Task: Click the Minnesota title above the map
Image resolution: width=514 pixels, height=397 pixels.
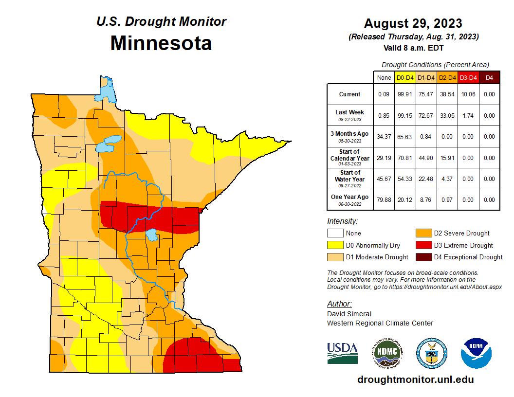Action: pyautogui.click(x=161, y=43)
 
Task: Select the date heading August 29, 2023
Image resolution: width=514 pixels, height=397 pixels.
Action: pyautogui.click(x=413, y=23)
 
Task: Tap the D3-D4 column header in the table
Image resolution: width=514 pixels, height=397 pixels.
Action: pyautogui.click(x=468, y=77)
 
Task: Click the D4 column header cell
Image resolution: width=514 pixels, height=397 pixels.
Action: pyautogui.click(x=489, y=77)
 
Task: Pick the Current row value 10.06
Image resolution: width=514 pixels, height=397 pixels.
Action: pyautogui.click(x=468, y=94)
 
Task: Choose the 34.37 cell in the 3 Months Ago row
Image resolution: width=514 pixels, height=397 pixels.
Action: pyautogui.click(x=384, y=137)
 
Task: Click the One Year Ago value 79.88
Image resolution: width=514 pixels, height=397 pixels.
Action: pyautogui.click(x=384, y=199)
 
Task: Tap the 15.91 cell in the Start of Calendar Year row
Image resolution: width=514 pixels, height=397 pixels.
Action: pyautogui.click(x=447, y=158)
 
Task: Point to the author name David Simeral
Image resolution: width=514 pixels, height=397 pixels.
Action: pyautogui.click(x=349, y=314)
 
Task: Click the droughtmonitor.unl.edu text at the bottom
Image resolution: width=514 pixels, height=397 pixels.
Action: pyautogui.click(x=415, y=379)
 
